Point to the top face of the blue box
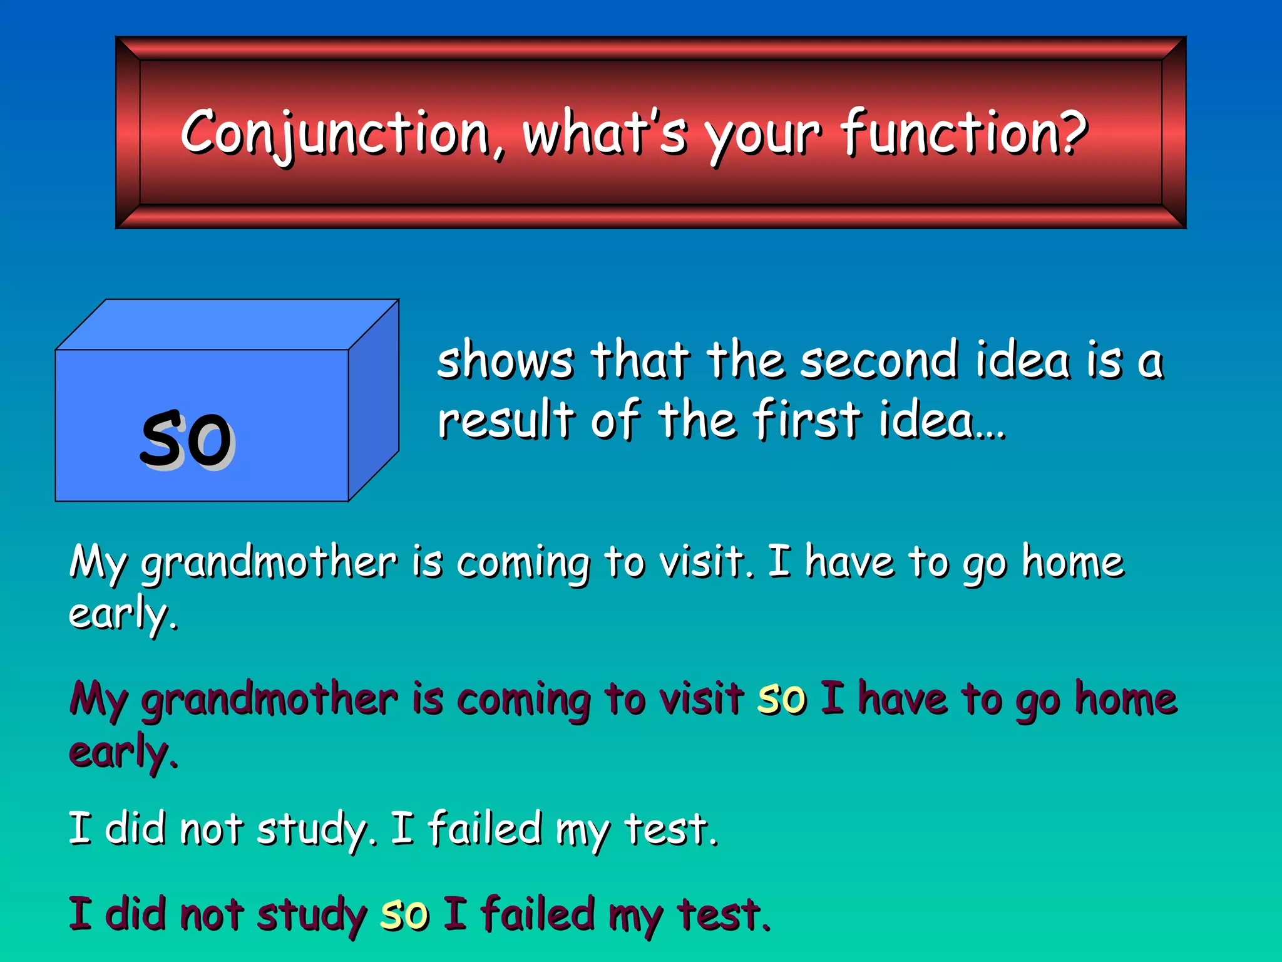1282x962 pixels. pos(225,324)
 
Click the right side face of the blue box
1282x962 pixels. pos(374,401)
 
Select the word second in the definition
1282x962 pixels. pos(879,361)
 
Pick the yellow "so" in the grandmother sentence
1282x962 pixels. pos(781,699)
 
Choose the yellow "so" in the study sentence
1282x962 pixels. pos(405,914)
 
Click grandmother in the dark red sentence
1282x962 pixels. pos(269,700)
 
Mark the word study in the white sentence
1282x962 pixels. pos(311,830)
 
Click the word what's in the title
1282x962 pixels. pos(605,133)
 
